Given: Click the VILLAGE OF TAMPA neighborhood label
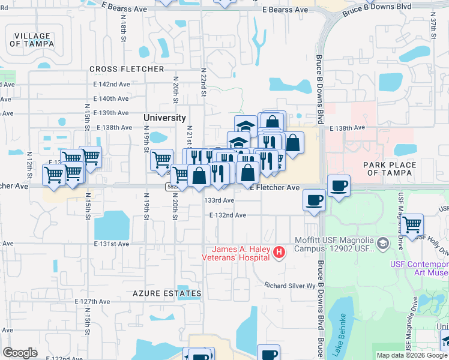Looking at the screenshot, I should click(x=32, y=40).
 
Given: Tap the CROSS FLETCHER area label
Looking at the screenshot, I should click(x=127, y=70).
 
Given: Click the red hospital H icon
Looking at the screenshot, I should click(x=279, y=253).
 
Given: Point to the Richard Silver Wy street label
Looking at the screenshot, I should click(x=291, y=286).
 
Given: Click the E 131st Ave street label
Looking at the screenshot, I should click(x=112, y=244).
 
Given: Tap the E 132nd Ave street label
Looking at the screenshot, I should click(x=228, y=215).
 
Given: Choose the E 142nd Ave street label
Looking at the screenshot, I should click(x=112, y=85).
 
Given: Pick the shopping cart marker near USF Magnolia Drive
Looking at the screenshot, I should click(x=413, y=225).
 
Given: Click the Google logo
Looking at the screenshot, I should click(x=20, y=353).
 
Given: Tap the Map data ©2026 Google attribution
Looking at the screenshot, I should click(x=412, y=355).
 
